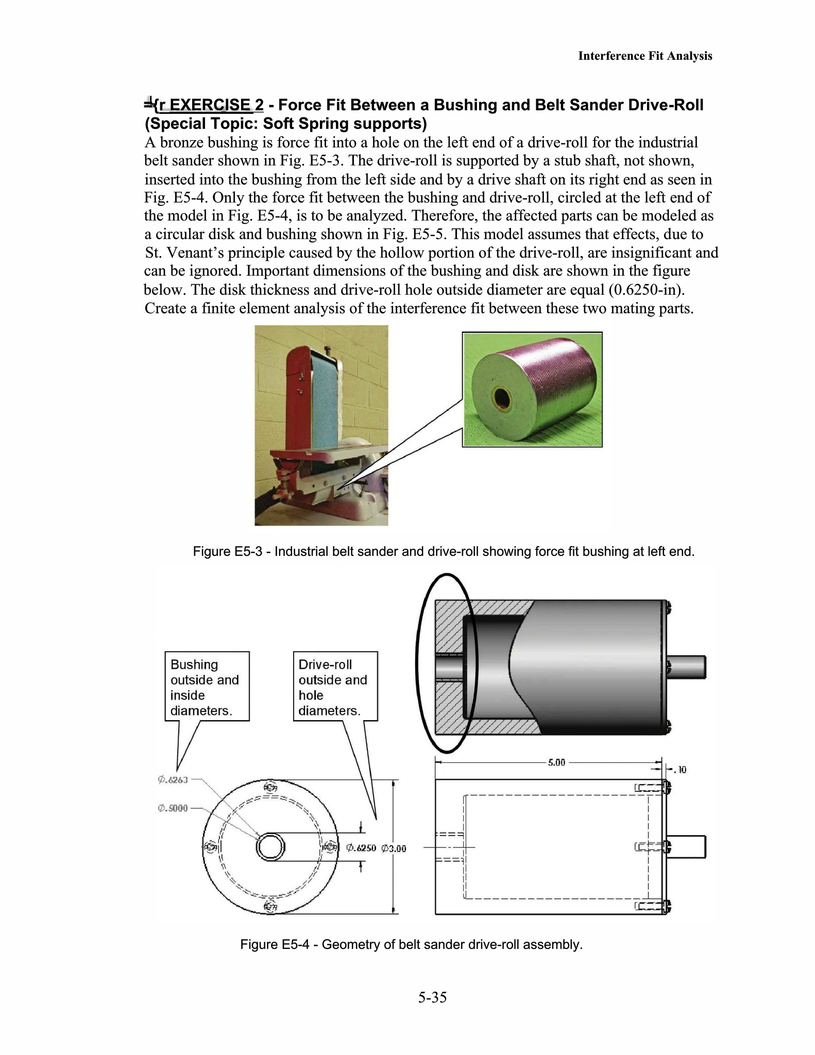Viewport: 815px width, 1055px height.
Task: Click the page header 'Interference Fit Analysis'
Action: [x=645, y=56]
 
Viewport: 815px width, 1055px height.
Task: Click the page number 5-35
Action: [x=432, y=997]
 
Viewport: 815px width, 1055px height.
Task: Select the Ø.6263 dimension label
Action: [x=173, y=780]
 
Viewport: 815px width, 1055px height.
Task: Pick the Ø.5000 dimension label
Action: [x=173, y=808]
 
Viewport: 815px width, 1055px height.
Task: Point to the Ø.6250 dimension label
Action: [x=361, y=848]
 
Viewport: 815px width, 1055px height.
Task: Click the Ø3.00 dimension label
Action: [x=394, y=848]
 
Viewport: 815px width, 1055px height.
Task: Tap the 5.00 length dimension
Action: [x=556, y=762]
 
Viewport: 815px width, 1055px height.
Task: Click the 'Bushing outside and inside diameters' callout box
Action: [x=207, y=687]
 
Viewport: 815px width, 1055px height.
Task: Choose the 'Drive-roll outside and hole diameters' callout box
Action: [x=335, y=687]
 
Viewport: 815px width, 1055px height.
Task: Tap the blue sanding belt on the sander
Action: [x=324, y=407]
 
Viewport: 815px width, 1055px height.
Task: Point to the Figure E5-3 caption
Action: [x=444, y=552]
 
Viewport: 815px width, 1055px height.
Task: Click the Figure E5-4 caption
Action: [x=411, y=944]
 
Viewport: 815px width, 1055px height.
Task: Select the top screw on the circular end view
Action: [x=270, y=788]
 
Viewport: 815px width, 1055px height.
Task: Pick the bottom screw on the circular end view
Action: [x=270, y=907]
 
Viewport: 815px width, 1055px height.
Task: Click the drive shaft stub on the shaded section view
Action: [x=687, y=667]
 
